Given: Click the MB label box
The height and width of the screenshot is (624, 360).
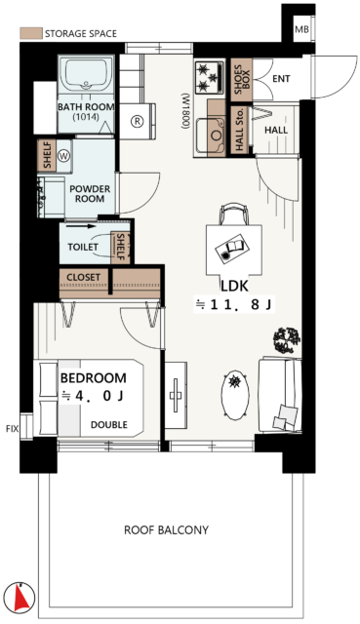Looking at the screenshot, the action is (301, 28).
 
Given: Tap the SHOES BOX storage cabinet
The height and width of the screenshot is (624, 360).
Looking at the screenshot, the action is (241, 79).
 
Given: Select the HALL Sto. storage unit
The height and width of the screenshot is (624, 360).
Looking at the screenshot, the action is (240, 130).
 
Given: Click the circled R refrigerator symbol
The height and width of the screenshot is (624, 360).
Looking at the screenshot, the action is (137, 121).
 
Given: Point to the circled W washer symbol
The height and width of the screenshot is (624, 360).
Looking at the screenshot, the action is (63, 156).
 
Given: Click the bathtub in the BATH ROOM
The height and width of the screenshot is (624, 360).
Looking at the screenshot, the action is (86, 76).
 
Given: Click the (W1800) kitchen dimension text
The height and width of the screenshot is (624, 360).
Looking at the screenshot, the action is (184, 111).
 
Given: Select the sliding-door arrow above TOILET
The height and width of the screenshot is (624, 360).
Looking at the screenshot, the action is (81, 226).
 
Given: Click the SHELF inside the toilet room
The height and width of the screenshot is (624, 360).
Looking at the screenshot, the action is (120, 247).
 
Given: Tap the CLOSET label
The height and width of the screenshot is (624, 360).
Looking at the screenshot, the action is (83, 277).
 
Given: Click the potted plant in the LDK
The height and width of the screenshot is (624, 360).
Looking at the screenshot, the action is (287, 340).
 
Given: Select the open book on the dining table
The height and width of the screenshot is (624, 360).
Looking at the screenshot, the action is (232, 248).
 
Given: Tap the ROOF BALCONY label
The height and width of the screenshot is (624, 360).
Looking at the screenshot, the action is (167, 530).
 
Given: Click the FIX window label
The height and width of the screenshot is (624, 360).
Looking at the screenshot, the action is (13, 429).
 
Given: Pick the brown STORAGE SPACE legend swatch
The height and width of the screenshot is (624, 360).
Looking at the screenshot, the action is (31, 33).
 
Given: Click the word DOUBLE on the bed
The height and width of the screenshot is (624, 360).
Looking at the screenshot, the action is (109, 425).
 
